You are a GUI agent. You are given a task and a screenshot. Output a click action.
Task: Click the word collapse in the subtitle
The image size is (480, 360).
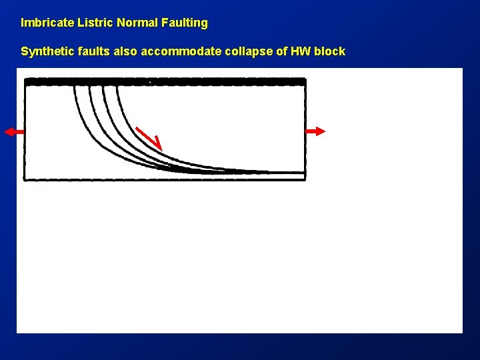pos(243,51)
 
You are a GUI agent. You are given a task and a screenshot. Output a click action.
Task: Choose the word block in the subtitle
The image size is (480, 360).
pos(331,51)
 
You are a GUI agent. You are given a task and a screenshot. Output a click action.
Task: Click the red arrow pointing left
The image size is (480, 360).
pos(13,132)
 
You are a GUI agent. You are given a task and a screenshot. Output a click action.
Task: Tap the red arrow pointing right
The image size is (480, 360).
pos(316,131)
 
